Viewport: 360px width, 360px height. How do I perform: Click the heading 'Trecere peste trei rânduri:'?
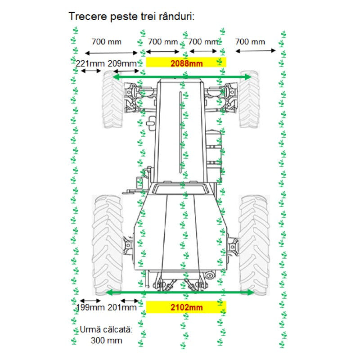tap(131, 17)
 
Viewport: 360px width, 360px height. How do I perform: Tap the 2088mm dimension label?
tap(186, 63)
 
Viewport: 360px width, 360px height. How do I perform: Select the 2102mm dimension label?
tap(186, 307)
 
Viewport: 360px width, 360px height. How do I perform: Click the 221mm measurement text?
tap(90, 63)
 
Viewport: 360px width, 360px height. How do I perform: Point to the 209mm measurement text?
tap(122, 63)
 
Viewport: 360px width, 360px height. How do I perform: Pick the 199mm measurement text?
tap(90, 307)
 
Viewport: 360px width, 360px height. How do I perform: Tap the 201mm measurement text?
tap(122, 307)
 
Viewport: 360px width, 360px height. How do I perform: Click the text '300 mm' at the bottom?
tap(106, 340)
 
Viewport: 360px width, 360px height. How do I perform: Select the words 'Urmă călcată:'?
tap(106, 329)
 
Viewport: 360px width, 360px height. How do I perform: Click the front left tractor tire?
tap(112, 99)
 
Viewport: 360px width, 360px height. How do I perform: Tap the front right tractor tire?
tap(249, 99)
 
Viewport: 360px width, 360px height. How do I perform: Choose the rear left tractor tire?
tap(107, 245)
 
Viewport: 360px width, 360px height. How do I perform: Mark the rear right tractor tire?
tap(254, 245)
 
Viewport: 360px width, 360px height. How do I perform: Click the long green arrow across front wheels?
tap(182, 77)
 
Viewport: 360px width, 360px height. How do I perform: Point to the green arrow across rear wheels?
tap(180, 292)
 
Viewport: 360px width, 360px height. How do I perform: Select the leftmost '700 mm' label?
tap(106, 42)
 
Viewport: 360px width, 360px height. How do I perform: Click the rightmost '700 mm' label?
tap(250, 42)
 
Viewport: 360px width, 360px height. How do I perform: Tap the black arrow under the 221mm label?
tap(91, 71)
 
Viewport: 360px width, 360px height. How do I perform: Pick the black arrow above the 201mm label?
tap(130, 301)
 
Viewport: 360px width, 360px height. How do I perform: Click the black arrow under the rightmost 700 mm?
tap(255, 51)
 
